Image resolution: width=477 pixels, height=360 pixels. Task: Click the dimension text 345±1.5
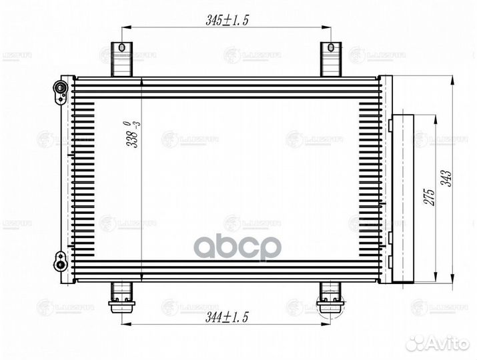[x=227, y=20]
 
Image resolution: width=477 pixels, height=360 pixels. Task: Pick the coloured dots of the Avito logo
[x=416, y=343]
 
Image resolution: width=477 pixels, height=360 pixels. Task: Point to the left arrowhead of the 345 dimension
[x=125, y=27]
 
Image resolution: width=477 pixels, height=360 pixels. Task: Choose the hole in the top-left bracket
[x=121, y=48]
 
